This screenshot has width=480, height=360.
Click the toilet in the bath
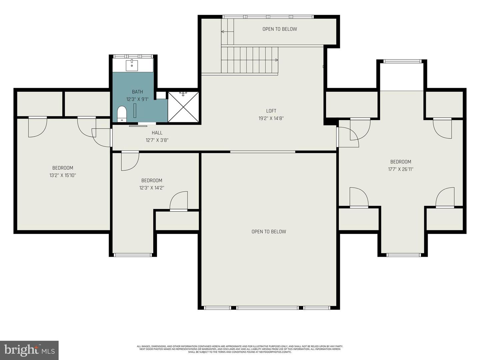122,114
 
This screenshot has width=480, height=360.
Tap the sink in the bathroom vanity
132,65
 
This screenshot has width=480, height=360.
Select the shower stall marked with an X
183,107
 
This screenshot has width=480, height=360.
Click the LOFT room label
271,111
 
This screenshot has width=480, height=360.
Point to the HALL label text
157,133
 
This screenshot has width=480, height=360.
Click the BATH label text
137,92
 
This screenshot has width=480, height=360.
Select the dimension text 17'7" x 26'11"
401,169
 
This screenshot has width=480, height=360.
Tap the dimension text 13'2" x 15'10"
63,175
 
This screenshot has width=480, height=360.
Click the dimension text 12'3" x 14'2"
152,188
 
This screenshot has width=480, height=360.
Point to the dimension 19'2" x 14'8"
271,118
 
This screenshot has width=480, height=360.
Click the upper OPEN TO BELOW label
280,29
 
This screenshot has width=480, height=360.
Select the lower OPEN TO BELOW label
269,232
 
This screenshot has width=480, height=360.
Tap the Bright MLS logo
29,350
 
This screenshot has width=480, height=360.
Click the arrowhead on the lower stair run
276,60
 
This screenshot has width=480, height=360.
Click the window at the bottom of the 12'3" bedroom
133,255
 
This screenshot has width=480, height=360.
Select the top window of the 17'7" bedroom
402,61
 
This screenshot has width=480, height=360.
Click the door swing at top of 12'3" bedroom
130,161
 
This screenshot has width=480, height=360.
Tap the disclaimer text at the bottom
240,349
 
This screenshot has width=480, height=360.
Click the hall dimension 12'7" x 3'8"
157,140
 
